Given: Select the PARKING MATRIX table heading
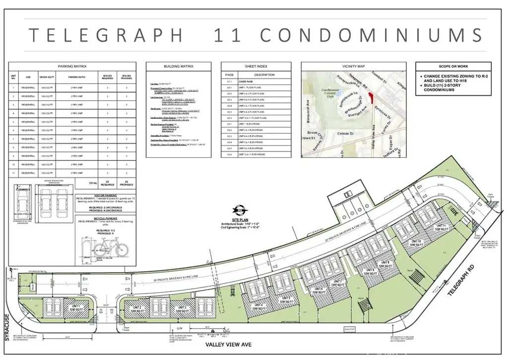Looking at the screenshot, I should (x=72, y=66).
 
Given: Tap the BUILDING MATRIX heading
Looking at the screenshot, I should (x=179, y=66).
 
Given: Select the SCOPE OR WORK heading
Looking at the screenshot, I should (x=453, y=66).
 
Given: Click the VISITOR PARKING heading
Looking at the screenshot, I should (x=107, y=196).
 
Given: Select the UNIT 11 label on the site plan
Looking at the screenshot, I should (x=443, y=226).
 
